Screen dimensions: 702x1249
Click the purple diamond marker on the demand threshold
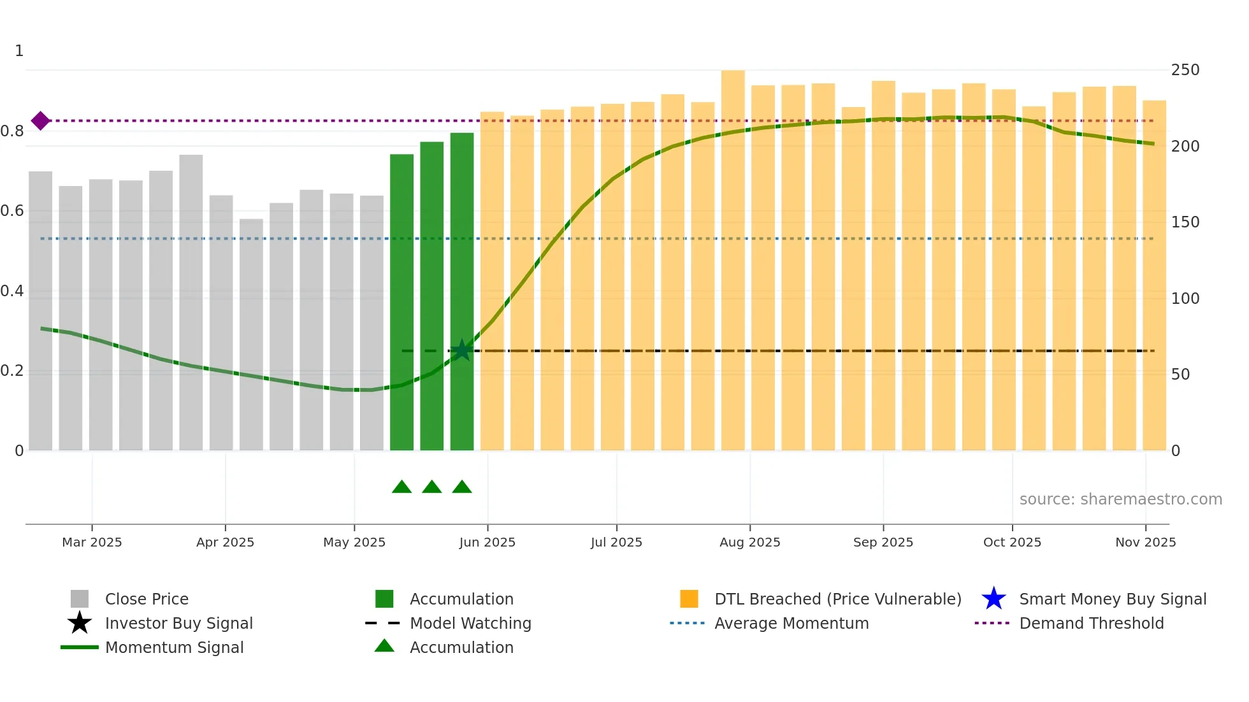pyautogui.click(x=40, y=120)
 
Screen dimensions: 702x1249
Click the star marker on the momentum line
pyautogui.click(x=461, y=350)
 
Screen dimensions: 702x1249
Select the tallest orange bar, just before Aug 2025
pyautogui.click(x=733, y=255)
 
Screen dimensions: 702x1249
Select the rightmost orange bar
pyautogui.click(x=1154, y=274)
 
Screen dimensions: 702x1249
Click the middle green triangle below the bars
pyautogui.click(x=431, y=487)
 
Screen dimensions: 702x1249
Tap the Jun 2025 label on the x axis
pyautogui.click(x=487, y=542)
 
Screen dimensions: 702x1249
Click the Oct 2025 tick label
pyautogui.click(x=1012, y=542)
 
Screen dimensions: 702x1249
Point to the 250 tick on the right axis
pyautogui.click(x=1185, y=70)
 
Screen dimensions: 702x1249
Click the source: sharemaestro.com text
pyautogui.click(x=1120, y=499)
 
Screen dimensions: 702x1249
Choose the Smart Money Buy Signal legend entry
pyautogui.click(x=1112, y=599)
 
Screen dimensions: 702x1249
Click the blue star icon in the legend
pyautogui.click(x=993, y=599)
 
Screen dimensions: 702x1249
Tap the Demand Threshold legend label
pyautogui.click(x=1091, y=623)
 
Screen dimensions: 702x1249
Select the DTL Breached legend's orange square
pyautogui.click(x=689, y=599)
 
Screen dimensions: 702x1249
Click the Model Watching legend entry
pyautogui.click(x=470, y=623)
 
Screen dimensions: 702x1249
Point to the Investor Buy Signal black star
pyautogui.click(x=80, y=623)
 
